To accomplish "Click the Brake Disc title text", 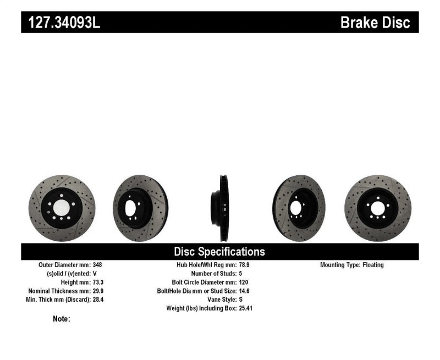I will click(375, 23).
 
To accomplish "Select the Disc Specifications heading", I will click(219, 252).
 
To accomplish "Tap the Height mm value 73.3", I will click(98, 282).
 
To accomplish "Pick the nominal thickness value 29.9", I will click(98, 291).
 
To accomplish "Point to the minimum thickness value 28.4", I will click(98, 300).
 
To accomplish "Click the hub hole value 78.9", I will click(245, 265).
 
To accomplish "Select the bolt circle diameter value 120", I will click(244, 282).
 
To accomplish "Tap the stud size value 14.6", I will click(245, 291).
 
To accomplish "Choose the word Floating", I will click(373, 265).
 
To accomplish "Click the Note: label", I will click(62, 319).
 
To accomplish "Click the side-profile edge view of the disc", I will click(222, 208).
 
